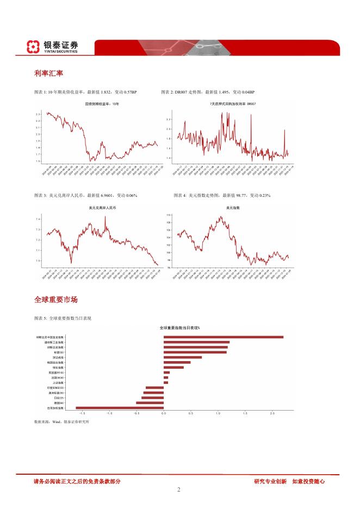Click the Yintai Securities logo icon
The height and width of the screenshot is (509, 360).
[x=34, y=47]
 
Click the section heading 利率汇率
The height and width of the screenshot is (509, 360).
[x=46, y=73]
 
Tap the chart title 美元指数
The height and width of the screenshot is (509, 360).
[x=233, y=207]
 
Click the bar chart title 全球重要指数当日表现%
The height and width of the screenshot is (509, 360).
[x=179, y=328]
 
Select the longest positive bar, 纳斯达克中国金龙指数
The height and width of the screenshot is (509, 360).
[x=223, y=337]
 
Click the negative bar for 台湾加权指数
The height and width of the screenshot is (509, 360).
[x=120, y=407]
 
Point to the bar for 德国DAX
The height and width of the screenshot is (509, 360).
[x=150, y=402]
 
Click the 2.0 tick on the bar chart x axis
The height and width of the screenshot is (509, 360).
[x=272, y=413]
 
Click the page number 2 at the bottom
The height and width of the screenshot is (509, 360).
[x=179, y=489]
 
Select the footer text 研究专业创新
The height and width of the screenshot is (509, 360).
[x=270, y=481]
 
